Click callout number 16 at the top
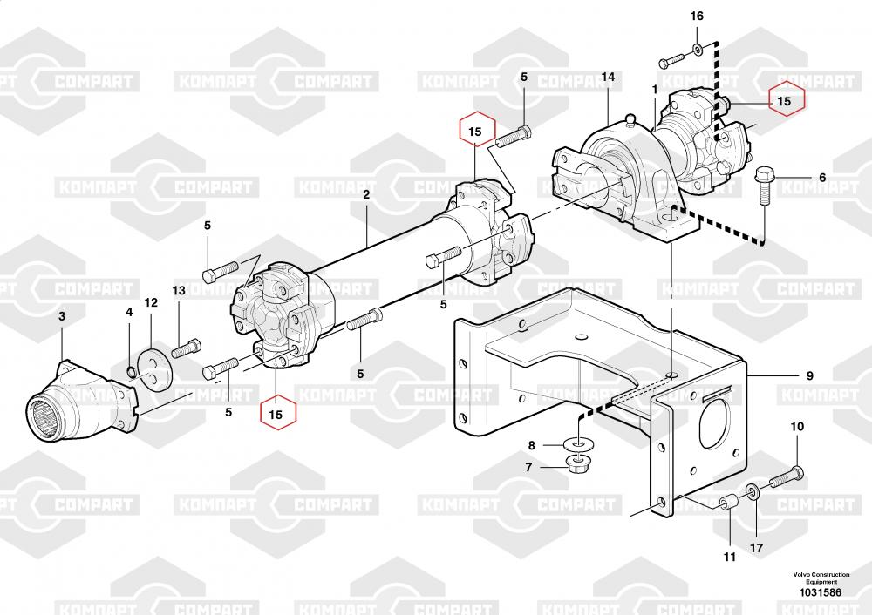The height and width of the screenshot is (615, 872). [x=697, y=16]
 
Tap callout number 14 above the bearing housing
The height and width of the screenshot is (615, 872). [x=609, y=77]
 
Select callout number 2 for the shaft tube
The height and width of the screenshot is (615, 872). [x=366, y=194]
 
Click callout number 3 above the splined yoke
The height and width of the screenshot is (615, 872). [x=62, y=316]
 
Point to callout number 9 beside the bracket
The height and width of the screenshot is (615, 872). [x=810, y=376]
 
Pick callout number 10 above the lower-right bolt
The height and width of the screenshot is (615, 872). [x=798, y=427]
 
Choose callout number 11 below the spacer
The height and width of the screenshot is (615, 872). [x=730, y=557]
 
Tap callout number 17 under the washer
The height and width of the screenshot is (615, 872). [x=756, y=548]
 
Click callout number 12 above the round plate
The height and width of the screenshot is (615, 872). [x=151, y=303]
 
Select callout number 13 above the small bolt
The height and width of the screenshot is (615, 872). [x=179, y=291]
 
